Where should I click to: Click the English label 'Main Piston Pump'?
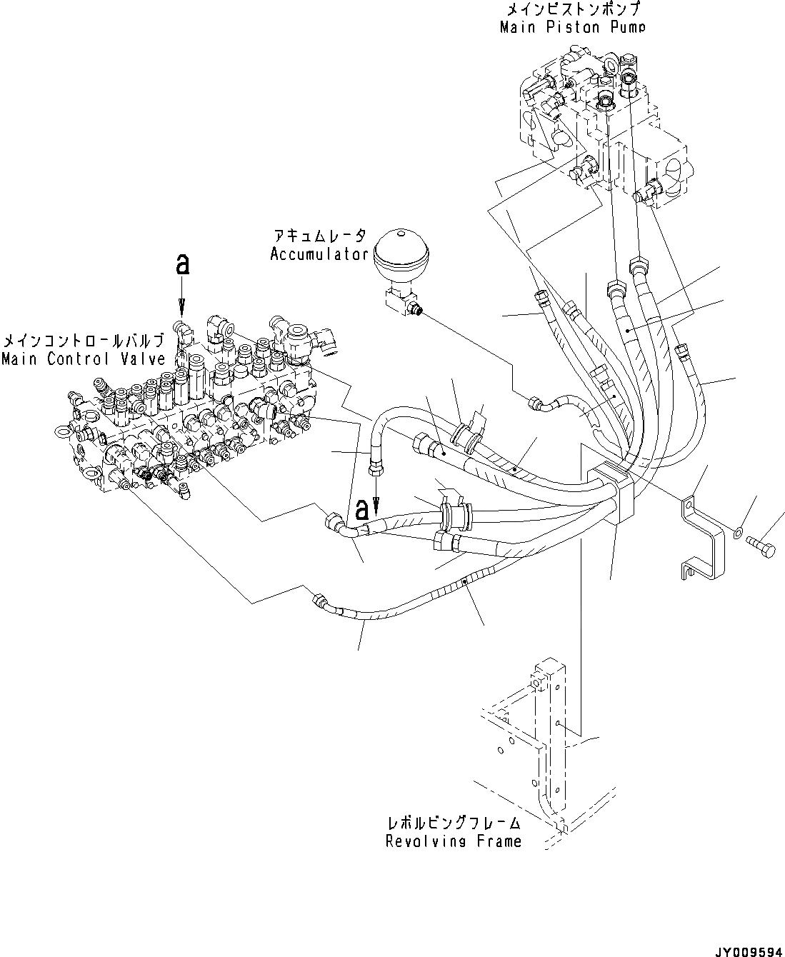pyautogui.click(x=571, y=27)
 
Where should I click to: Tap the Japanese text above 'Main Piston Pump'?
pyautogui.click(x=571, y=10)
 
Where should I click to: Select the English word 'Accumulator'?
pyautogui.click(x=319, y=254)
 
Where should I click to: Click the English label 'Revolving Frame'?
pyautogui.click(x=454, y=841)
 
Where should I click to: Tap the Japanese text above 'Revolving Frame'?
pyautogui.click(x=454, y=824)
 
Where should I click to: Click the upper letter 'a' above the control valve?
pyautogui.click(x=183, y=265)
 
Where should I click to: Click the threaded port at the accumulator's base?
pyautogui.click(x=417, y=311)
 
